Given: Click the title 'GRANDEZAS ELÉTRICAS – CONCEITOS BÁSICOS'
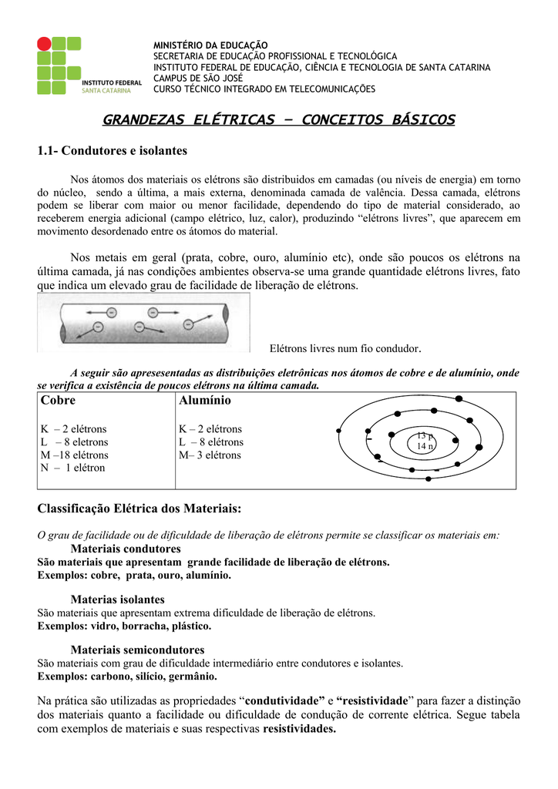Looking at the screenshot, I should (278, 120).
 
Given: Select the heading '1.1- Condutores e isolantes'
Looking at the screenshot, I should (113, 150).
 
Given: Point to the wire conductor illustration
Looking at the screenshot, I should (143, 321).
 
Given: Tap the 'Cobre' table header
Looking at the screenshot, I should (58, 401).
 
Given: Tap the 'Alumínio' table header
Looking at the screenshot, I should (204, 401).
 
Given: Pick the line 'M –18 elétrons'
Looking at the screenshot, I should (74, 455).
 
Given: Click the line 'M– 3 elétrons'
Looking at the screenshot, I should (210, 455).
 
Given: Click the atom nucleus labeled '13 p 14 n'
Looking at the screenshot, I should (425, 442).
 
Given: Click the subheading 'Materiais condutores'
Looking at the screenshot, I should (126, 549).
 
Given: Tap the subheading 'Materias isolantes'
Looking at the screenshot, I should (117, 599).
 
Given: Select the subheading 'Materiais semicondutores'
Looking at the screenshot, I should (137, 650).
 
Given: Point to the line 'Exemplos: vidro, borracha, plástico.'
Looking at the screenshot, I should (124, 626).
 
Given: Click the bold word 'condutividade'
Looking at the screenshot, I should (284, 701).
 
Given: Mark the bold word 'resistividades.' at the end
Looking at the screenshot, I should (300, 729).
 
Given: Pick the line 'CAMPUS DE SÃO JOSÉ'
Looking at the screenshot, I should (198, 78).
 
